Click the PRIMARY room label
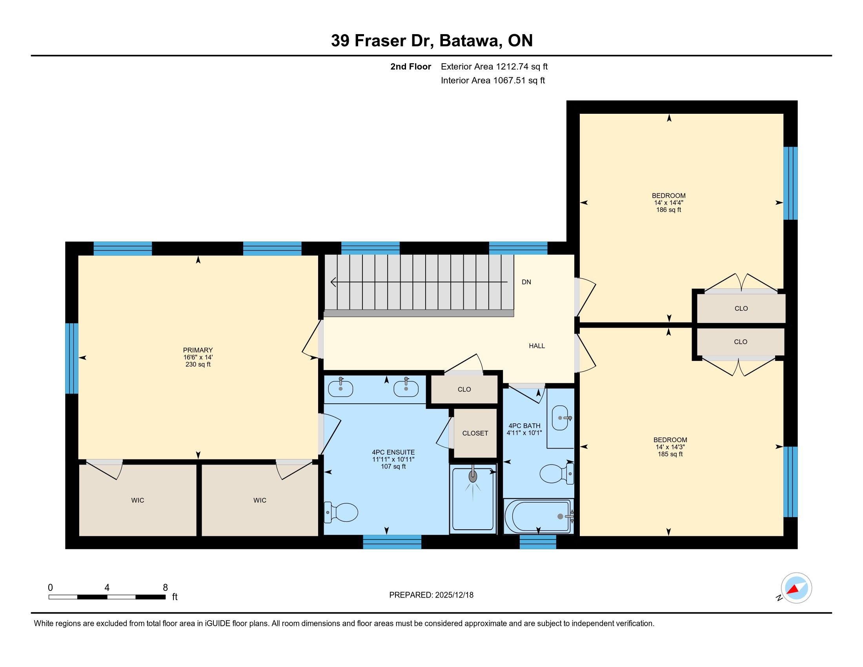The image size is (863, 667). pos(198,350)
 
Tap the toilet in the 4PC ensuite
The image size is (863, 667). pos(340,512)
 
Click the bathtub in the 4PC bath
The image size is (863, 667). pos(539,516)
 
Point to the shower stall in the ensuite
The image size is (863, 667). pos(473,499)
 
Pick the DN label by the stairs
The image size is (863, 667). pos(526,282)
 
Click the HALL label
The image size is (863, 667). pos(537,346)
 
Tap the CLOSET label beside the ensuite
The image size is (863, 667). pos(475,433)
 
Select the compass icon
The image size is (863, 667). pos(796,588)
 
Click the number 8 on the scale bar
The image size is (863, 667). pos(165,587)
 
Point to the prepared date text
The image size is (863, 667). pos(431,595)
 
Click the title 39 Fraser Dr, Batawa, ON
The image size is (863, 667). pos(432,41)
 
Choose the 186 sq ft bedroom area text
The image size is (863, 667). pos(668,210)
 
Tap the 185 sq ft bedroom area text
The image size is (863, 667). pos(670,454)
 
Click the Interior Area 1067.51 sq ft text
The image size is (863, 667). pos(493,80)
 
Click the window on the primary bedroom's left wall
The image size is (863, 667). pos(71,358)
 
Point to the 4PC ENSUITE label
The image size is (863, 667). pos(393,452)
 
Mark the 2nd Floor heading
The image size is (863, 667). pos(411,67)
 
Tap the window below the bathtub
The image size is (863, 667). pos(538,542)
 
